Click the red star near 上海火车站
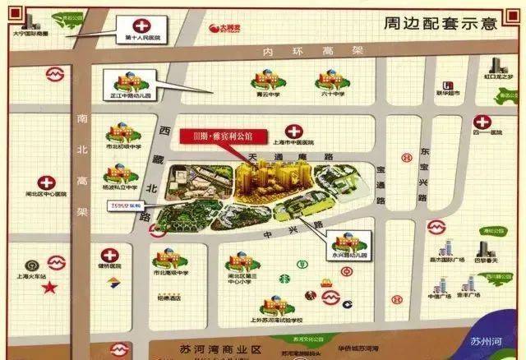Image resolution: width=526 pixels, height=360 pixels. (x=50, y=288)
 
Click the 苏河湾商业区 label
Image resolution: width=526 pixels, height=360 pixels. (x=213, y=348)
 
